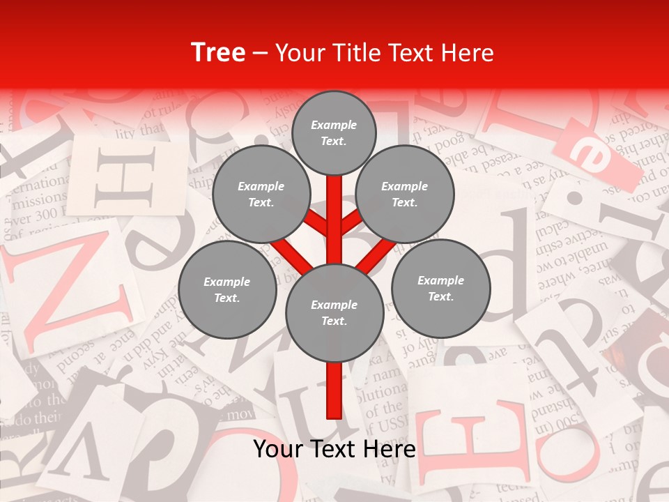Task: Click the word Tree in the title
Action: point(217,53)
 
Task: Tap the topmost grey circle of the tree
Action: point(334,132)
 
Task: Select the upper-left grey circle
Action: point(261,195)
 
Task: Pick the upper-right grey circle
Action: point(404,195)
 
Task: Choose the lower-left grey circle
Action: point(226,289)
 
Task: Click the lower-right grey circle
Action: point(440,288)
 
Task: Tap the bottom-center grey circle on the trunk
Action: point(334,313)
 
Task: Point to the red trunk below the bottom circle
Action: point(334,390)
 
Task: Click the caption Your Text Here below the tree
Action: point(334,449)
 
